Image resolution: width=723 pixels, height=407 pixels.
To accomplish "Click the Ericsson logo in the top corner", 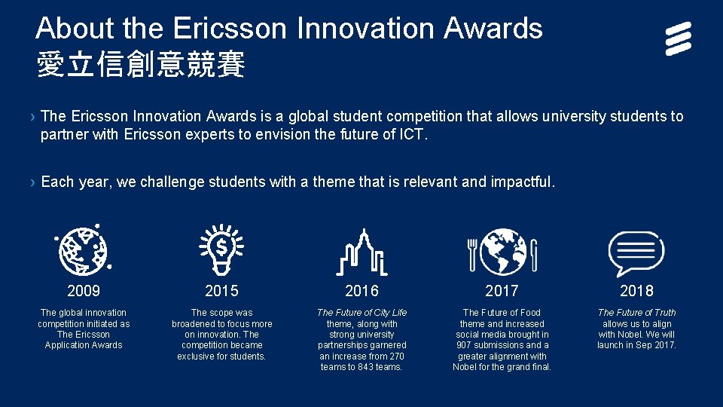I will click(x=678, y=39).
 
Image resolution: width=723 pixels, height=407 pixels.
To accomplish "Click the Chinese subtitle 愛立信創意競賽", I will click(x=141, y=66).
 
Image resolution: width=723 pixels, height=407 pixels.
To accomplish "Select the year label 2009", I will click(x=84, y=291).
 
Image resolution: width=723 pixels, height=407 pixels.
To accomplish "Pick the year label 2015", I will click(x=221, y=291).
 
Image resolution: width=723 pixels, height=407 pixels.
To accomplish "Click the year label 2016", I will click(x=361, y=291).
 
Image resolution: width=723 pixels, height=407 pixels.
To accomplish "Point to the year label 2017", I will click(x=502, y=291).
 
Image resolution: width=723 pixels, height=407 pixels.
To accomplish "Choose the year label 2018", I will click(x=636, y=291).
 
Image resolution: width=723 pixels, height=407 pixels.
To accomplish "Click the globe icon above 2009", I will click(x=84, y=249).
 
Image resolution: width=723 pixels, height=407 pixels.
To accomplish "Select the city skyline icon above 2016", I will click(x=361, y=251).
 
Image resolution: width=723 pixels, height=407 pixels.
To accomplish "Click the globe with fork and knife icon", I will click(x=502, y=250).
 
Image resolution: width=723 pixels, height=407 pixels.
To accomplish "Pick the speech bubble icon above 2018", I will click(x=636, y=251).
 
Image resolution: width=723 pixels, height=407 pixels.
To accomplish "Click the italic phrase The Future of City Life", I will click(x=361, y=313).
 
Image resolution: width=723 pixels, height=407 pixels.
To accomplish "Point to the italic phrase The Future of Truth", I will click(x=636, y=313).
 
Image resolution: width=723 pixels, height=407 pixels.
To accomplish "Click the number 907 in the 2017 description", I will click(x=465, y=345).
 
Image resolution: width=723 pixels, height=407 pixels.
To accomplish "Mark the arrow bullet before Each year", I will click(x=32, y=182).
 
